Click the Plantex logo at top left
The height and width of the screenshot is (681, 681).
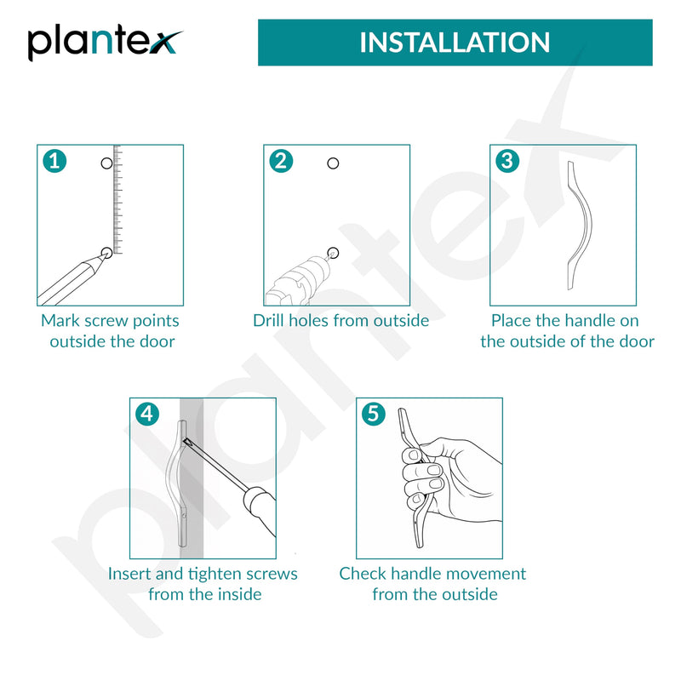point(104,43)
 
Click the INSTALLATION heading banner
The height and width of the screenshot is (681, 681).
point(455,43)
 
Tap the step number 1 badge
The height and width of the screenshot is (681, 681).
point(54,161)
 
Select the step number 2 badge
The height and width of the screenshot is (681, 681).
point(281,161)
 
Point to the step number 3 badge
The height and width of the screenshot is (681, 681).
point(507,161)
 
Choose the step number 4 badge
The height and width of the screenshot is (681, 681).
point(147,414)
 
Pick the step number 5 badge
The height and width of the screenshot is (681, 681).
point(374,414)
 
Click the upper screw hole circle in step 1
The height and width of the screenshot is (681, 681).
point(106,163)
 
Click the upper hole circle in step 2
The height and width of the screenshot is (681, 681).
point(333,163)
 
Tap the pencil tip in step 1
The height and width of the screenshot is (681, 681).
point(104,255)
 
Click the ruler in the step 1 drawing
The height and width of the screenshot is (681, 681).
point(117,199)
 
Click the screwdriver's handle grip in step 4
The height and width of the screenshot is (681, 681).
point(260,509)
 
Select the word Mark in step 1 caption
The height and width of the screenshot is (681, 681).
point(60,321)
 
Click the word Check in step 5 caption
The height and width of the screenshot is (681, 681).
point(363,574)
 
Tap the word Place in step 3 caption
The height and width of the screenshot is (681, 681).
point(512,321)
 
